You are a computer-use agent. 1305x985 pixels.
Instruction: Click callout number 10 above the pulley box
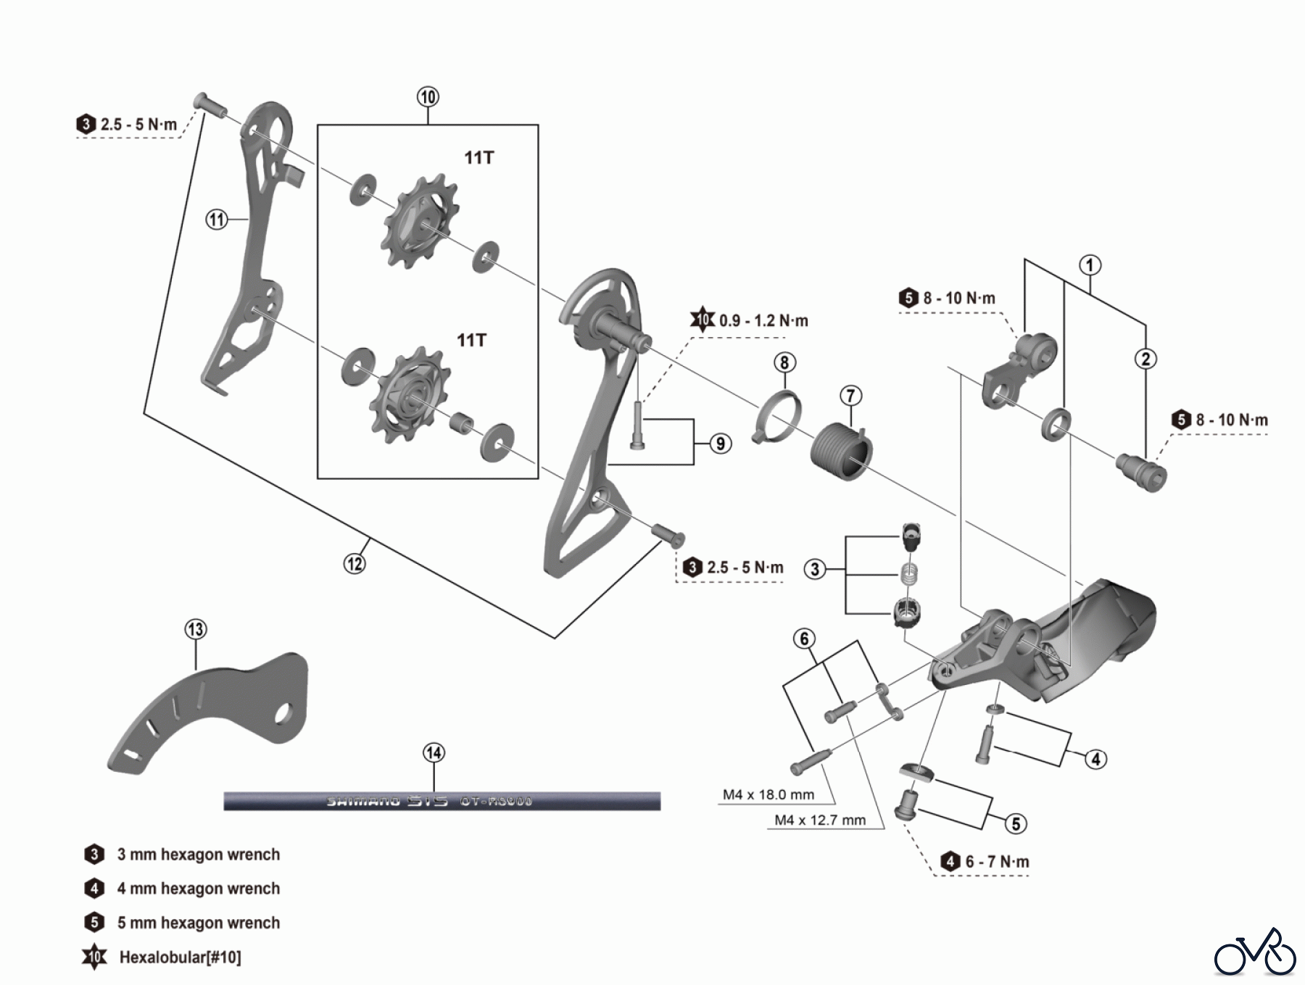click(x=428, y=97)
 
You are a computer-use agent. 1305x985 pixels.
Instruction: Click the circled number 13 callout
click(x=196, y=629)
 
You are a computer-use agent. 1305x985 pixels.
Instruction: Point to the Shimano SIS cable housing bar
click(x=442, y=801)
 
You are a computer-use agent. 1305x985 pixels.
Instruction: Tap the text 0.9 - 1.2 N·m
click(x=763, y=320)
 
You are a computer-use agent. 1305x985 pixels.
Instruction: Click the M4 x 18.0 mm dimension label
click(x=768, y=794)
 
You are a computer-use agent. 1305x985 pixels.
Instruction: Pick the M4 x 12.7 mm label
click(x=819, y=820)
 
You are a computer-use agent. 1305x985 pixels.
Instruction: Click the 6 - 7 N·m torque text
click(x=997, y=862)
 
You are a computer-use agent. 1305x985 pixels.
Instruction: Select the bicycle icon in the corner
click(x=1255, y=954)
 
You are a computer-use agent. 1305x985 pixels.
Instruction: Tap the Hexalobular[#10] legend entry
click(x=180, y=957)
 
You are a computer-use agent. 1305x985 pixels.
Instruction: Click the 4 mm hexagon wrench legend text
click(x=198, y=889)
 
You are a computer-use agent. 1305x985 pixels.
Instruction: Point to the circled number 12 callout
click(x=355, y=563)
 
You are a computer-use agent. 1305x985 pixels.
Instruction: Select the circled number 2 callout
click(x=1145, y=359)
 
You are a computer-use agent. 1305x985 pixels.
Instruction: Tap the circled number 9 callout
click(x=720, y=444)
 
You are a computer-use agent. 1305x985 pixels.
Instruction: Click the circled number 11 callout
click(x=217, y=219)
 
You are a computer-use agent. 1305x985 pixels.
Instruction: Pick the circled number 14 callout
click(x=434, y=753)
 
